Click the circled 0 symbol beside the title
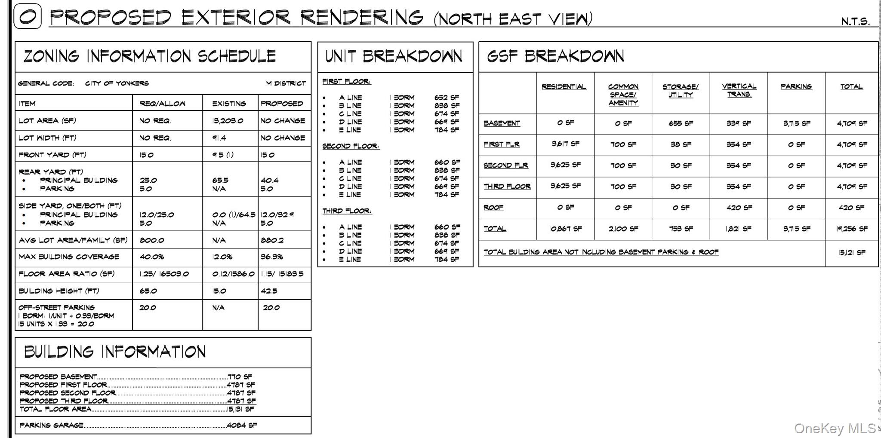(28, 16)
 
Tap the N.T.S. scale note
(855, 21)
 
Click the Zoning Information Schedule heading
(149, 56)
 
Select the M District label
(286, 83)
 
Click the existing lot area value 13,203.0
(228, 121)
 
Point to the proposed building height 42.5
(269, 291)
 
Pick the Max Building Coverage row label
(69, 257)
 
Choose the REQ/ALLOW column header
(162, 104)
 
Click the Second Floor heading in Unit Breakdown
(351, 146)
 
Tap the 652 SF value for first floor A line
(447, 98)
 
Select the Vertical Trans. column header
(739, 90)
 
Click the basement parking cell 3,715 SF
(796, 123)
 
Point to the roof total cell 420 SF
(851, 208)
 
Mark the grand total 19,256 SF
(851, 229)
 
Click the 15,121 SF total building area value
(851, 252)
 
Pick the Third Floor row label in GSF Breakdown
(507, 187)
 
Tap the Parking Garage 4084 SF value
(241, 425)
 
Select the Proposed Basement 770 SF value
(240, 377)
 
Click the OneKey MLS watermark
(835, 428)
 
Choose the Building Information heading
(115, 352)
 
